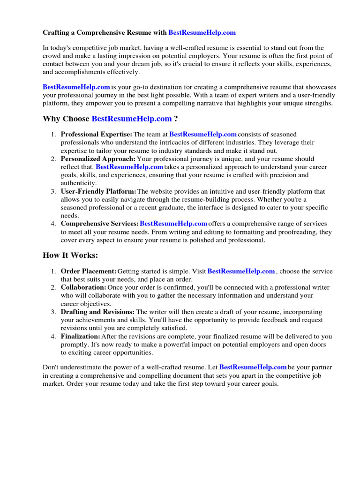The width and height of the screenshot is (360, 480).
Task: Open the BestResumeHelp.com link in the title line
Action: (202, 33)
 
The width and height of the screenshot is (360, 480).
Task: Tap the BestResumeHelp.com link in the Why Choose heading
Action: (132, 119)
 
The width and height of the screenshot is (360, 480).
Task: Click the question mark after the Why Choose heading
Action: (176, 119)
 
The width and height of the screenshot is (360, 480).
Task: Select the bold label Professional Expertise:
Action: (97, 135)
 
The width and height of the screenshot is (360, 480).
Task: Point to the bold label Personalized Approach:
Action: (98, 159)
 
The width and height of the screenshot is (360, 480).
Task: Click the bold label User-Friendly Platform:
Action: (98, 191)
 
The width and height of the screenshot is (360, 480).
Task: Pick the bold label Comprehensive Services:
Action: (99, 224)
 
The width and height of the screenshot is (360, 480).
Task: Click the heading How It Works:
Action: (70, 255)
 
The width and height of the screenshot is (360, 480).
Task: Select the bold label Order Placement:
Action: (89, 271)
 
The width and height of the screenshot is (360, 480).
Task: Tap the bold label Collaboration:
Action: (83, 287)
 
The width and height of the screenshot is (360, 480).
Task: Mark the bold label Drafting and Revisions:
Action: (97, 312)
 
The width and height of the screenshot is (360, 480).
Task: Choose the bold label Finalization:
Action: (81, 337)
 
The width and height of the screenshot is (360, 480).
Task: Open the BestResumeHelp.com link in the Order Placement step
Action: (241, 271)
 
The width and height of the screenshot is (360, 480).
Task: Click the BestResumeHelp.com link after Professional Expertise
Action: (203, 135)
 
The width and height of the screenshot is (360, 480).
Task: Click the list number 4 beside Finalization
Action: (53, 337)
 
